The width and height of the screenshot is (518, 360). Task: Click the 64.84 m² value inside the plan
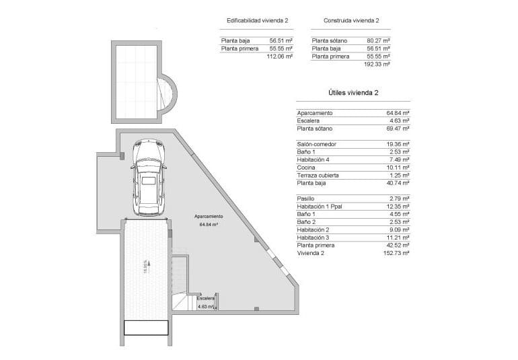(x=210, y=225)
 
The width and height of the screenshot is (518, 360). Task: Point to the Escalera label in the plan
(x=206, y=298)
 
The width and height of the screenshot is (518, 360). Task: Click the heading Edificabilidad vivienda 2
(x=257, y=21)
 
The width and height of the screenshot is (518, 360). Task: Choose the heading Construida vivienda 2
(x=350, y=21)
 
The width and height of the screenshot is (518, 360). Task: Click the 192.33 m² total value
(x=378, y=65)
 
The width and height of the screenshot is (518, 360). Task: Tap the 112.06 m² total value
(x=280, y=57)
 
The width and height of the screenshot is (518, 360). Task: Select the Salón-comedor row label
(x=316, y=145)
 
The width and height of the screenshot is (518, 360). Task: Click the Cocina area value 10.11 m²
(x=398, y=168)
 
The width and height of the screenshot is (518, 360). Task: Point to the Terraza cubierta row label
(x=318, y=175)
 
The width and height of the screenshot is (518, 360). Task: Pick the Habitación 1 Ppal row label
(x=320, y=207)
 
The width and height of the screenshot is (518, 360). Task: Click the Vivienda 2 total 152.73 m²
(x=398, y=253)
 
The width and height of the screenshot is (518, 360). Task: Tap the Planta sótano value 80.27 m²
(x=379, y=40)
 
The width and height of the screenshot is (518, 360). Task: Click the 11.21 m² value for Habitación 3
(x=398, y=238)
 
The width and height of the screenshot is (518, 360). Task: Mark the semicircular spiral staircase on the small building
(x=166, y=94)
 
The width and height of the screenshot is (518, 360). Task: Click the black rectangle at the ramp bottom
(x=145, y=327)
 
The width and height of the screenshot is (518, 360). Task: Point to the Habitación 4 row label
(x=313, y=159)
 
